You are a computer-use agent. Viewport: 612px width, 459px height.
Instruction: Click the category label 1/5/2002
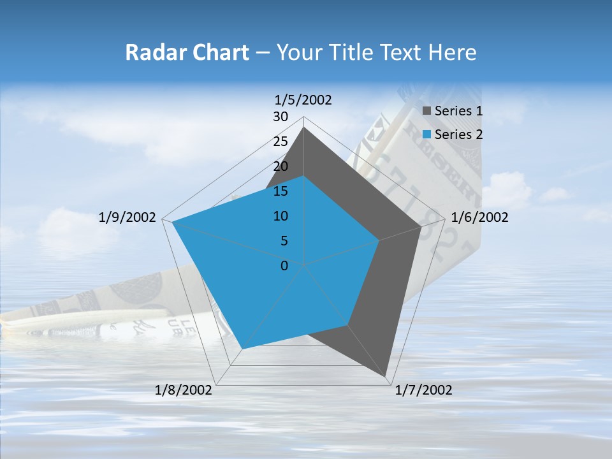point(303,100)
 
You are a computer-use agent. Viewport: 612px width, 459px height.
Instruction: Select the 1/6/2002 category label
point(479,218)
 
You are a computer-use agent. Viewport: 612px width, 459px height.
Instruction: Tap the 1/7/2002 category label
point(423,390)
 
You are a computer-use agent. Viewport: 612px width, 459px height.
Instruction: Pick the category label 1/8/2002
point(184,390)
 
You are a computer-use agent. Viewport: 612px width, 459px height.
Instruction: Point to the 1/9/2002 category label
point(127,218)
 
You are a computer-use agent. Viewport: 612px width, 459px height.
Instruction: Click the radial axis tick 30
point(280,117)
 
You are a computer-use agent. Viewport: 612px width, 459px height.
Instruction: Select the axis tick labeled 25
point(280,142)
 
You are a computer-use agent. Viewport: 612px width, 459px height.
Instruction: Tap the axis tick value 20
point(280,166)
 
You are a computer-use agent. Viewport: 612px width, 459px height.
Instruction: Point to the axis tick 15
point(280,191)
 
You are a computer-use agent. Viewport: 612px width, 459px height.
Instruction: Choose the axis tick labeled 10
point(280,216)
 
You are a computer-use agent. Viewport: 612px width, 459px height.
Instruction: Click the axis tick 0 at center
point(284,266)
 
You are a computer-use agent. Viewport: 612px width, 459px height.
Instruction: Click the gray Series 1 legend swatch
point(426,111)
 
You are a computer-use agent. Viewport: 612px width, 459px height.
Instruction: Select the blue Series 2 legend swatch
point(426,135)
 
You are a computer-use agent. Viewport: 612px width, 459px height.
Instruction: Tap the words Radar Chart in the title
point(187,52)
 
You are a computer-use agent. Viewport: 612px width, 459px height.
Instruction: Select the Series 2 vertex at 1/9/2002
point(172,222)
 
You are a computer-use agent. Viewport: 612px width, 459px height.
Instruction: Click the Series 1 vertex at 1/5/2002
point(303,127)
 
